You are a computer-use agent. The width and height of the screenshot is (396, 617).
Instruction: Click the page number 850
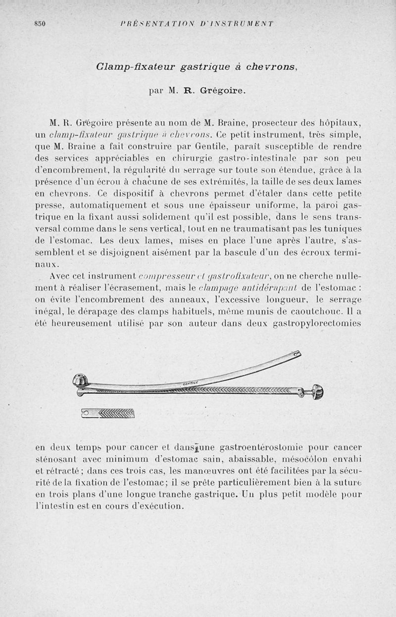pyautogui.click(x=40, y=23)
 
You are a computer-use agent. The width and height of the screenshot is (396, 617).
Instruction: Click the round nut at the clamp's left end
pyautogui.click(x=80, y=381)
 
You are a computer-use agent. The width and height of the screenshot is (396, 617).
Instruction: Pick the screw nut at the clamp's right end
pyautogui.click(x=317, y=392)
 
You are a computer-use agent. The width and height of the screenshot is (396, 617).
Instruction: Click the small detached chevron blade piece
pyautogui.click(x=108, y=413)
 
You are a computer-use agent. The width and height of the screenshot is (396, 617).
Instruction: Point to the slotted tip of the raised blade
pyautogui.click(x=296, y=354)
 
